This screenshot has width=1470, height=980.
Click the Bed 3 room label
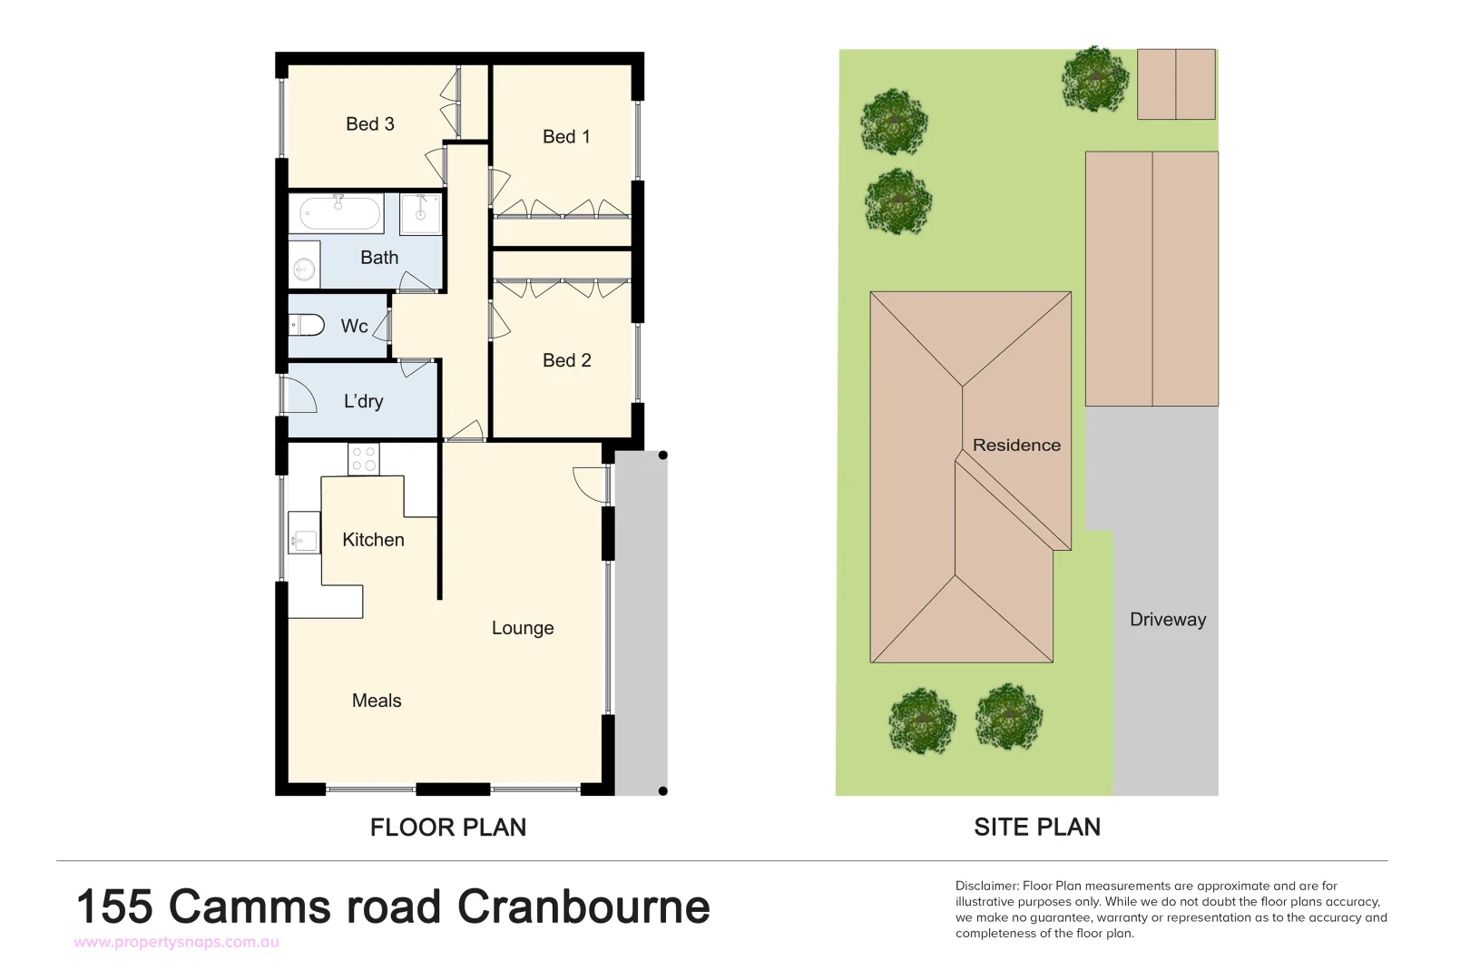coord(369,124)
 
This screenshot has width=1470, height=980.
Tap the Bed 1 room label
coord(566,137)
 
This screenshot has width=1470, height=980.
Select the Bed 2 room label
coord(566,360)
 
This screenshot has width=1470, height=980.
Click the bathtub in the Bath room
coord(339,214)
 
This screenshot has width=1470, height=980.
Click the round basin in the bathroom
coord(304,269)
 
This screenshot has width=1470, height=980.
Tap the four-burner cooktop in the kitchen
coord(364,459)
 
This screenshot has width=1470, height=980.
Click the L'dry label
coord(363,401)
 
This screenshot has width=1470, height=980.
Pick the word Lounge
coord(523,628)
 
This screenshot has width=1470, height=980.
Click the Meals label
coord(377,701)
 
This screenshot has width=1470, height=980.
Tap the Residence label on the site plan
coord(1016,446)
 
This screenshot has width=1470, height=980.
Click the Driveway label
coord(1168,620)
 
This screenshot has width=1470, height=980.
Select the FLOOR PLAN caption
coord(448,828)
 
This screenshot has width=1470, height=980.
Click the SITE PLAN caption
coord(1037,828)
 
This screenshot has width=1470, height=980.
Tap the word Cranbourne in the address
coord(583,906)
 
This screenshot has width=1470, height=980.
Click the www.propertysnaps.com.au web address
coord(176,942)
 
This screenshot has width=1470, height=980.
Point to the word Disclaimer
coord(986,886)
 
